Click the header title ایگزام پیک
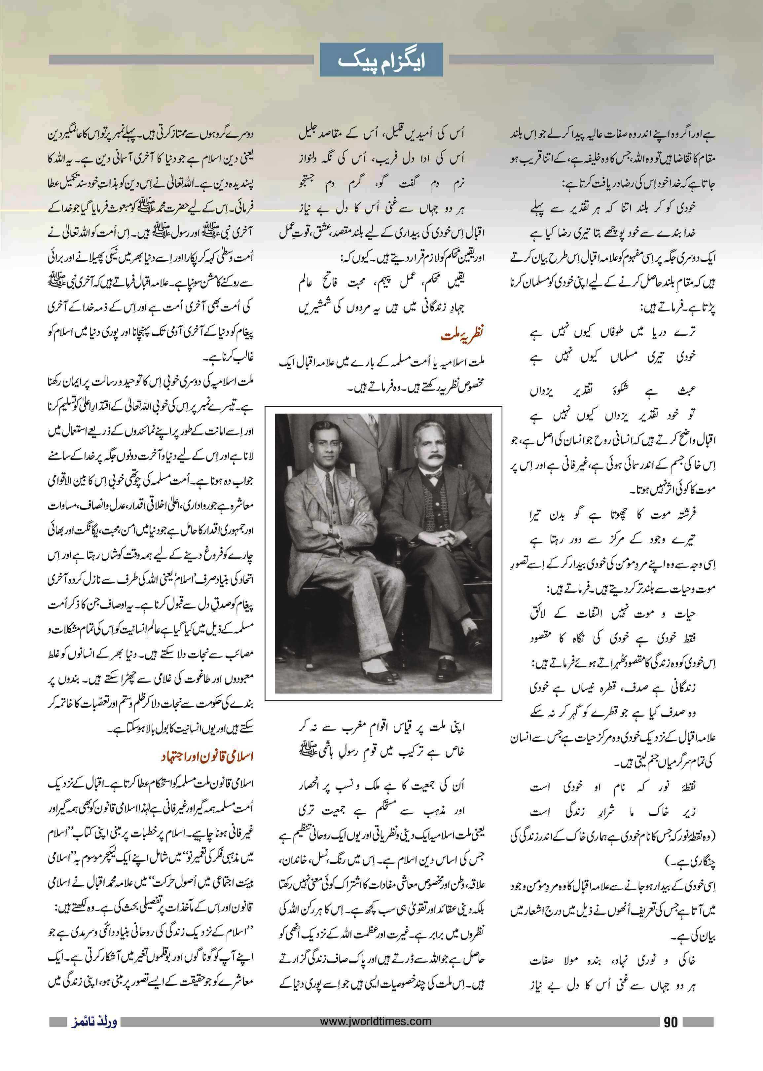coord(381,60)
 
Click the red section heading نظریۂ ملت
coord(463,335)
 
